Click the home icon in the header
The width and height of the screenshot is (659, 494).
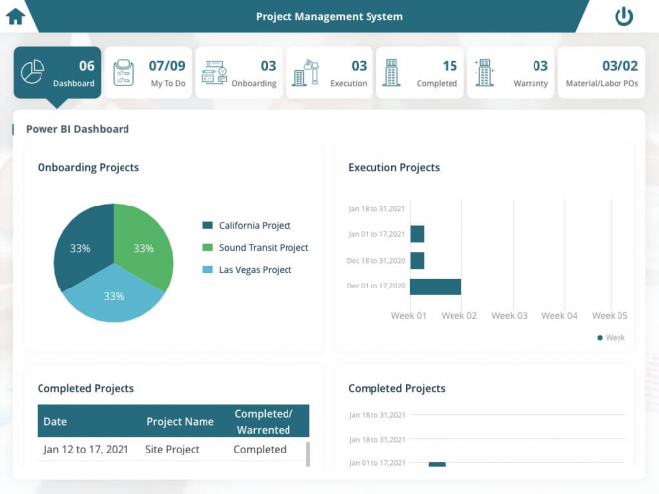(x=15, y=16)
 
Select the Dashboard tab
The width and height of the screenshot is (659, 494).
(x=56, y=73)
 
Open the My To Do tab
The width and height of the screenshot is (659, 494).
(x=147, y=73)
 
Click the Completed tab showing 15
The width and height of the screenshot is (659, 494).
(x=420, y=73)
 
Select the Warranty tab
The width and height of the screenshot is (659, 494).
(x=511, y=73)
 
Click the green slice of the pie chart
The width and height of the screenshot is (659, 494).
(x=140, y=242)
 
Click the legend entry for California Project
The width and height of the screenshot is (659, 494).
(x=254, y=226)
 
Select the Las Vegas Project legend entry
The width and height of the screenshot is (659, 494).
(x=254, y=270)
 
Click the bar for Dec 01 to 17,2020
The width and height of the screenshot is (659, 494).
(x=436, y=287)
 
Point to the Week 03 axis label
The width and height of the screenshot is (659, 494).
(x=509, y=316)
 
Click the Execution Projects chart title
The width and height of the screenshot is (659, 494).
(x=393, y=168)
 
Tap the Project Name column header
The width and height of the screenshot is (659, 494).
(x=180, y=422)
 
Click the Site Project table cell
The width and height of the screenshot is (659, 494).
(x=173, y=450)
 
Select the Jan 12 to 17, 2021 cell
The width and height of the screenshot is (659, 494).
(x=86, y=450)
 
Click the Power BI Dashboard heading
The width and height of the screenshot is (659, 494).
(x=77, y=129)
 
